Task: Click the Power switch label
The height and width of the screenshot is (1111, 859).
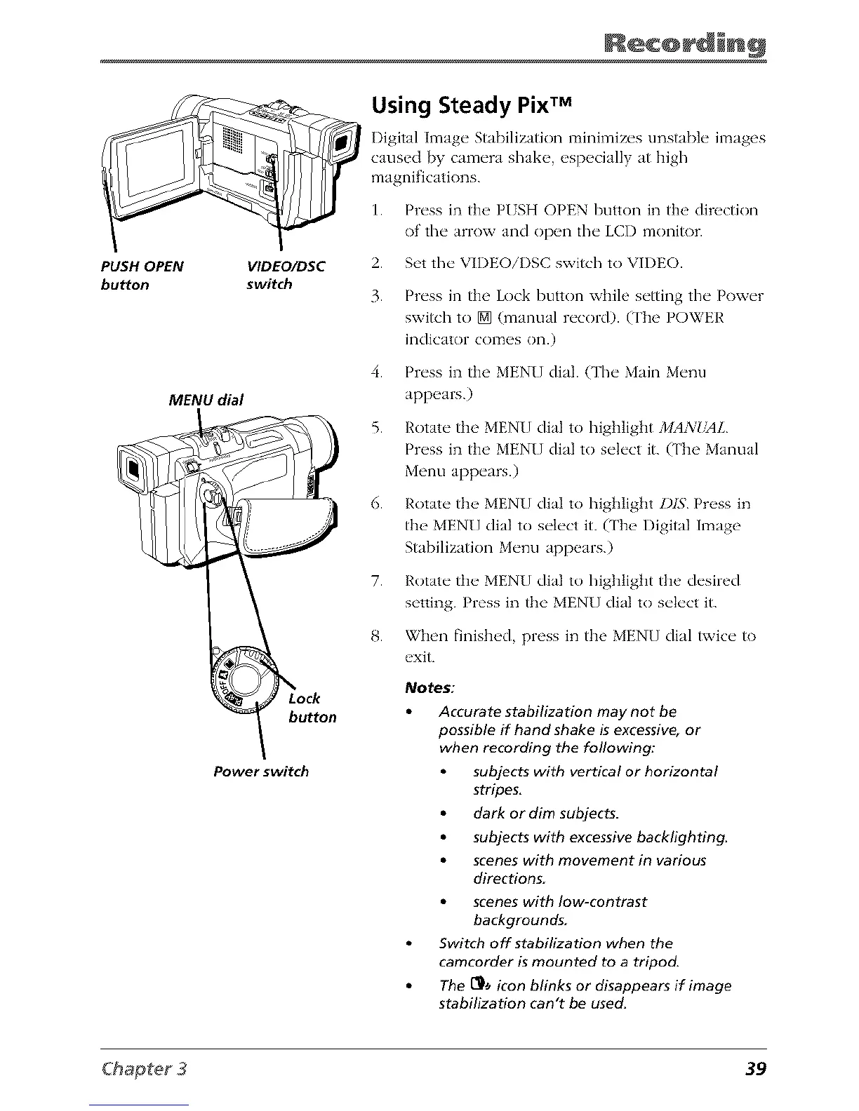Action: pos(260,772)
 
